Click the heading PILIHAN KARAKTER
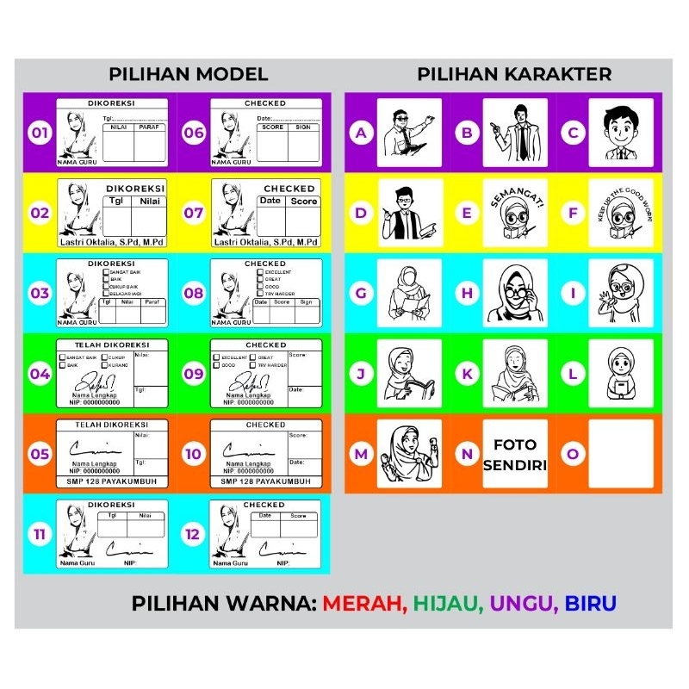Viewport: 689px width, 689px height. [514, 74]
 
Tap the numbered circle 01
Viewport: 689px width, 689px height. [40, 133]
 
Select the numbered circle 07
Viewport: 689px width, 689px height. [194, 212]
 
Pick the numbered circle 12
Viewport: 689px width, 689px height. [194, 535]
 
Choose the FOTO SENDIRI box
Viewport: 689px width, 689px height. [515, 453]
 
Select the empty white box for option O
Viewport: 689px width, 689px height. [621, 453]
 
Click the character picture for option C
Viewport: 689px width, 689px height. [621, 133]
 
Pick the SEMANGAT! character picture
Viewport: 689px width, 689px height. [515, 213]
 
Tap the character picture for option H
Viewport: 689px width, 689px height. [515, 293]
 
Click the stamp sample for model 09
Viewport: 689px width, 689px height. [267, 373]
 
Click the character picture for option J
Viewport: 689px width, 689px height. [409, 373]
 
